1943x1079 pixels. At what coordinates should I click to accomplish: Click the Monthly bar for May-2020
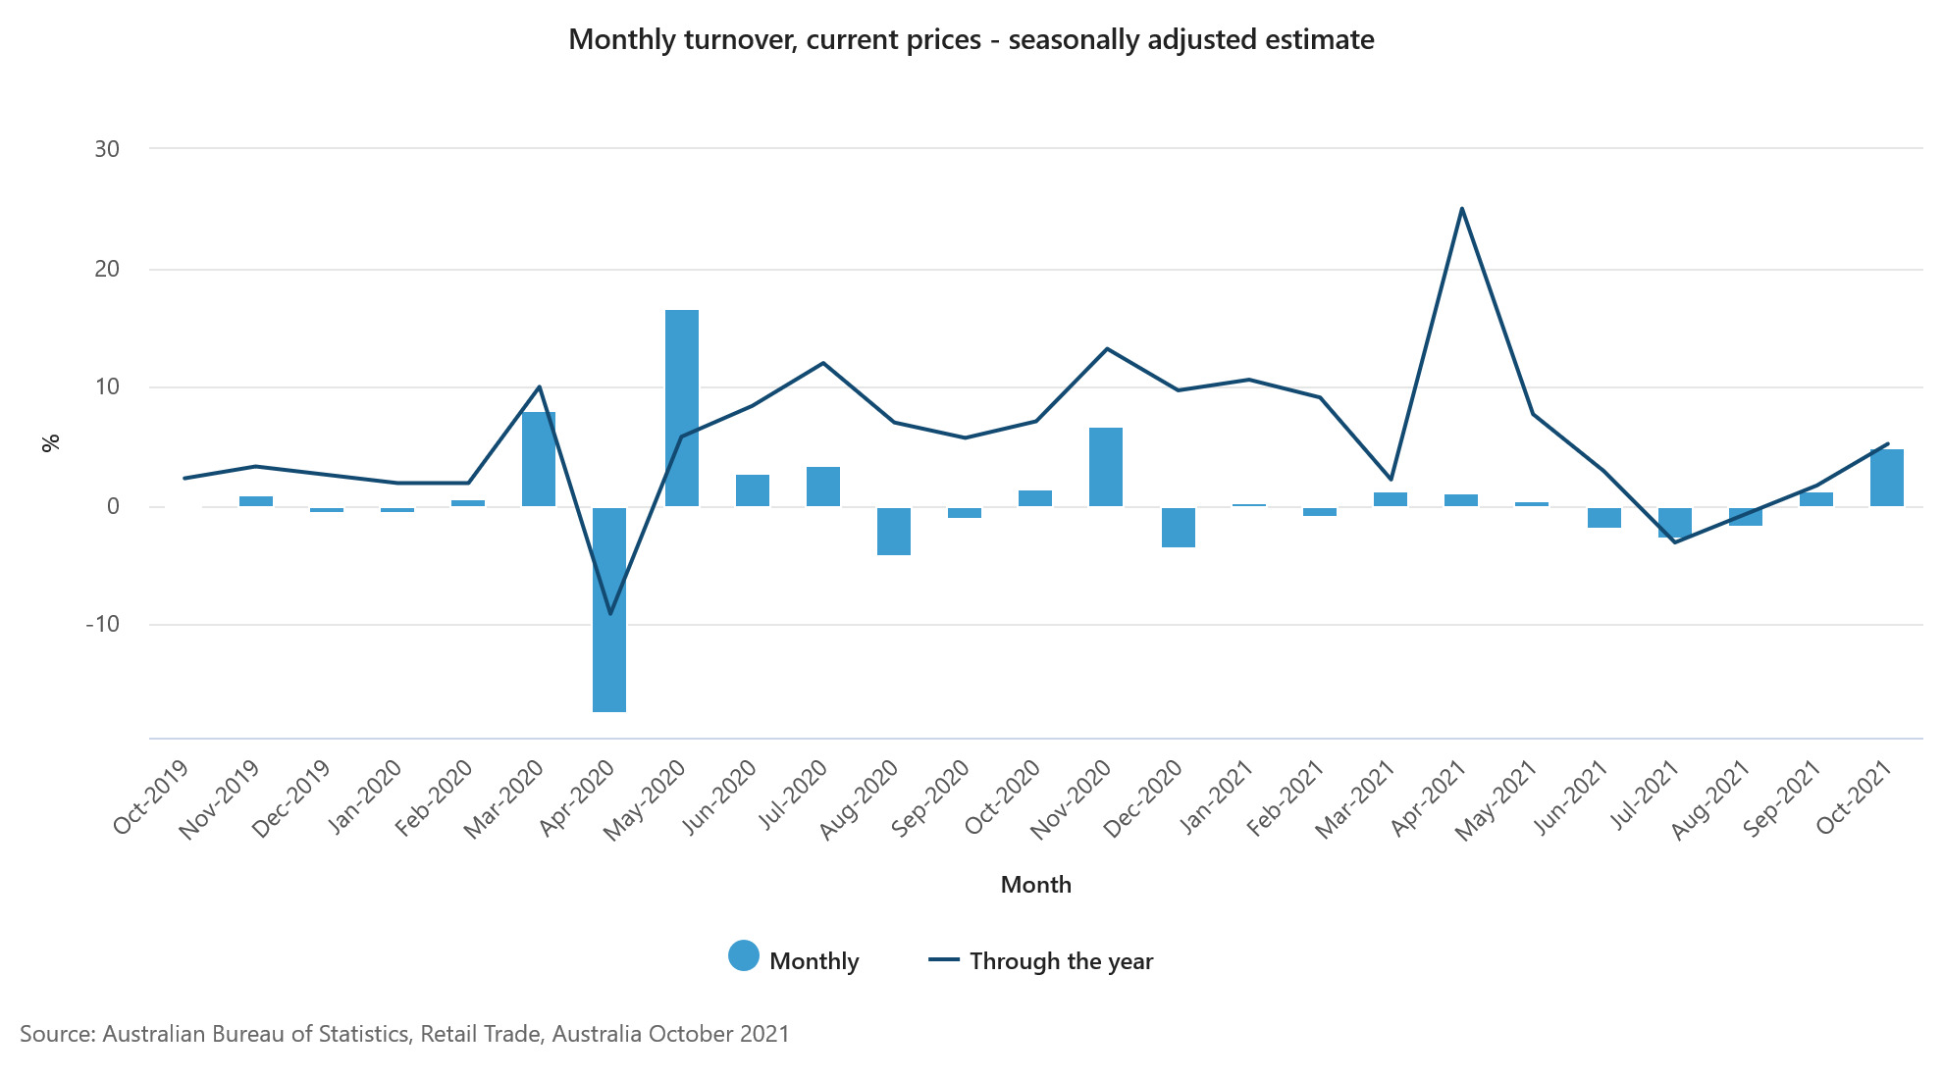tap(682, 408)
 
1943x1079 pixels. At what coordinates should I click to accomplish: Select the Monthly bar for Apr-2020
tap(609, 609)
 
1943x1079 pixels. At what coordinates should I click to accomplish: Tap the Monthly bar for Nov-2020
tap(1106, 467)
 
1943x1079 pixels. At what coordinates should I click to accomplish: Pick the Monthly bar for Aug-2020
tap(894, 531)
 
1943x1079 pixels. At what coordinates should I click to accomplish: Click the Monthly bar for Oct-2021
tap(1886, 478)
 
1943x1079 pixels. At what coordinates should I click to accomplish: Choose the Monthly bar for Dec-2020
tap(1178, 527)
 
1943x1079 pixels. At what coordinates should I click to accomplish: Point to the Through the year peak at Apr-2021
tap(1462, 209)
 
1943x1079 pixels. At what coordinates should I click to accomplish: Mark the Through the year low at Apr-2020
tap(610, 614)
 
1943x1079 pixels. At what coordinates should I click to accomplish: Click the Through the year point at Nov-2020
tap(1107, 348)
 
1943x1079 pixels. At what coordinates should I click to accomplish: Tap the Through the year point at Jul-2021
tap(1674, 542)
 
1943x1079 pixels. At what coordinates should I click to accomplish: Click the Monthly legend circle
tap(744, 955)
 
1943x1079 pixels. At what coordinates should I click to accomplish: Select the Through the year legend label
tap(1061, 961)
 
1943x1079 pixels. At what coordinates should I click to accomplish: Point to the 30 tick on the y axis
tap(107, 149)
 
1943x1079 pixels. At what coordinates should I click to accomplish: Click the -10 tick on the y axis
tap(103, 624)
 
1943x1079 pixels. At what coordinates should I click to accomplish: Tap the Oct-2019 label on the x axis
tap(150, 796)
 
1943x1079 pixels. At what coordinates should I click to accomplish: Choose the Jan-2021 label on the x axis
tap(1216, 796)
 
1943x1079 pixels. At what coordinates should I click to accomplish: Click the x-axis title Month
tap(1035, 885)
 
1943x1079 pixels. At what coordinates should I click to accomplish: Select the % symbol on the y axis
tap(51, 443)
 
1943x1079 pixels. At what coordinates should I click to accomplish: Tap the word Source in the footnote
tap(55, 1034)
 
